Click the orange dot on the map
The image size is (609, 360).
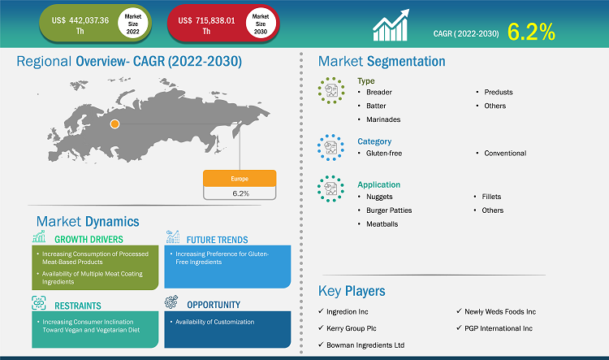coord(114,124)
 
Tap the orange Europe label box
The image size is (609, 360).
coord(240,179)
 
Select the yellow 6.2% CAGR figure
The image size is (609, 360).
coord(531,32)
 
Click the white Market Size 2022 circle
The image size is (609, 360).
coord(133,24)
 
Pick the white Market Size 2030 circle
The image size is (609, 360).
coord(261,24)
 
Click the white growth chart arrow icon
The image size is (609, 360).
coord(391,25)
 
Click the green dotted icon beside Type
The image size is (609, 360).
coord(331,90)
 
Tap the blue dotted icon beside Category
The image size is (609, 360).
coord(331,147)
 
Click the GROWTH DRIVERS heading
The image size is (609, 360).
coord(89,240)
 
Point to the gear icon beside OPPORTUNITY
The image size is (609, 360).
coord(171,301)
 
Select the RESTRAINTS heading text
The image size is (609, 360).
coord(78,306)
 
